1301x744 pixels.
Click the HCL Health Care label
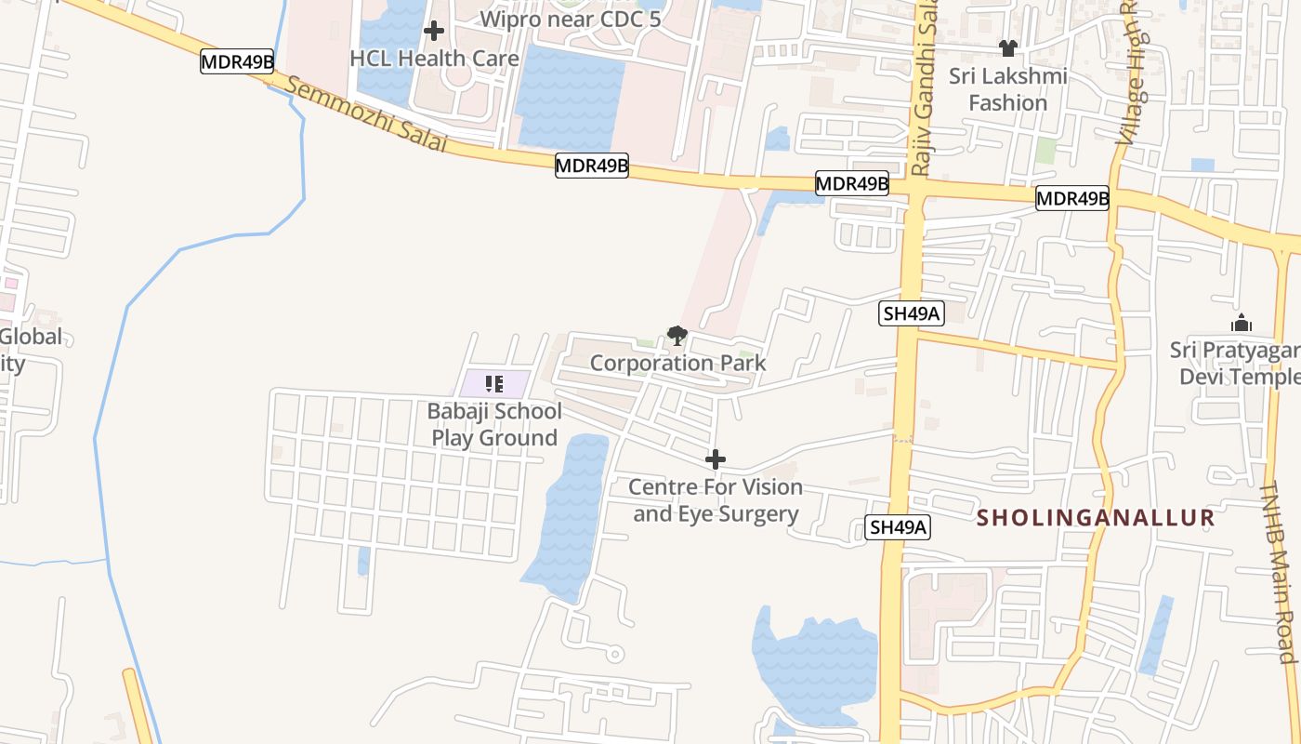(x=434, y=59)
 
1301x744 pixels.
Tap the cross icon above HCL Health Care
(x=433, y=32)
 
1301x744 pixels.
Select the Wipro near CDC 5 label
(x=570, y=19)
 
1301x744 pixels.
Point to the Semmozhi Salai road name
(x=366, y=115)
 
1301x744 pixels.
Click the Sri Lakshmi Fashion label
(x=1008, y=89)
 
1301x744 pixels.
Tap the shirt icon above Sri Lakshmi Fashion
(x=1008, y=47)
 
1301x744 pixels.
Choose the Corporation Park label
(x=677, y=363)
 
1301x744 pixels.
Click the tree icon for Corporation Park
(x=677, y=336)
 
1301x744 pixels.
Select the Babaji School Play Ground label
(x=494, y=424)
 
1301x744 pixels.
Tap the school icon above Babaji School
(x=494, y=383)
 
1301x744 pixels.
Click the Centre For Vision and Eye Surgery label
(x=716, y=500)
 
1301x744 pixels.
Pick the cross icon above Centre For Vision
(x=716, y=459)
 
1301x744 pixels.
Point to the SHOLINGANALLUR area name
(x=1096, y=518)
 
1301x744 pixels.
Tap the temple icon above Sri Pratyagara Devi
(x=1242, y=324)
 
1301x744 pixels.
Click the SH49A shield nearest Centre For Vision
(x=898, y=527)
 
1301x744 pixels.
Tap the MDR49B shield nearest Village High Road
(x=1072, y=198)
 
